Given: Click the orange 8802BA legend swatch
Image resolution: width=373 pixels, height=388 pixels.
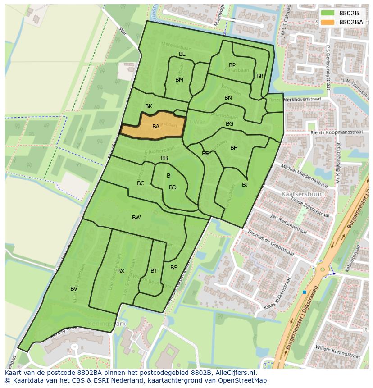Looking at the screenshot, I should [328, 22].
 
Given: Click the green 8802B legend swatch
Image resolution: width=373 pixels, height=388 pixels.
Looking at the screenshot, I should [328, 13].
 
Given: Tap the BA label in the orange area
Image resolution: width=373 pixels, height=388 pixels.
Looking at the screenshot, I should [156, 127].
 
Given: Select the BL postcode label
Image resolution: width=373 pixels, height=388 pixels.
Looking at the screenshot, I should [182, 54].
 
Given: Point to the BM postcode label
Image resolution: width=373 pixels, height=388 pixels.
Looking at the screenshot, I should [179, 80].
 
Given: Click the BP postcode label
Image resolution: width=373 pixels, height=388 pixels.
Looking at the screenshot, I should [232, 65].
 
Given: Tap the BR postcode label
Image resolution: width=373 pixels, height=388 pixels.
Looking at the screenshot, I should [260, 76].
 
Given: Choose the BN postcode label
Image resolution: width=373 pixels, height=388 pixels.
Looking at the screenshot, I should [228, 98].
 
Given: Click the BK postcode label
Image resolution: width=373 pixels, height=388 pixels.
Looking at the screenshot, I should [149, 106].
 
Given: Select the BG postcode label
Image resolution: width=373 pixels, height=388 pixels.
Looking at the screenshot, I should [229, 124].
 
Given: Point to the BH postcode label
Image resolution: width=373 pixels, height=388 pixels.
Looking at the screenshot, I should [234, 148].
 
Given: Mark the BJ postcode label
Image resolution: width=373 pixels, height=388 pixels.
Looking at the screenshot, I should [245, 185].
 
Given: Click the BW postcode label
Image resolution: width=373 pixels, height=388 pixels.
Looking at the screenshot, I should [136, 218].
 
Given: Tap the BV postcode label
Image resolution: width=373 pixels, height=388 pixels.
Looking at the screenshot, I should [74, 289].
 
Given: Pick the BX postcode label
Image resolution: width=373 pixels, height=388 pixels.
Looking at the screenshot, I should [121, 271].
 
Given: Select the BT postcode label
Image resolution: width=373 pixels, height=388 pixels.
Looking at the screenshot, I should [154, 271].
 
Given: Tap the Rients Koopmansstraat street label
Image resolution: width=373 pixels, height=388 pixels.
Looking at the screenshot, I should [337, 133].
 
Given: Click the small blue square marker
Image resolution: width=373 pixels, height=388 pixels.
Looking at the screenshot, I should [305, 292].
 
